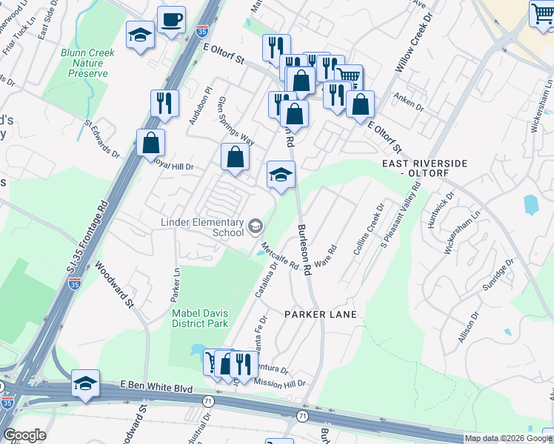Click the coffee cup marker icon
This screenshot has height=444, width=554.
click(172, 20)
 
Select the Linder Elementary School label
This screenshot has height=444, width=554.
click(202, 227)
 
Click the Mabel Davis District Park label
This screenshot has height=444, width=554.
click(200, 317)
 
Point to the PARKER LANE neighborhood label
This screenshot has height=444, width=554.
click(321, 314)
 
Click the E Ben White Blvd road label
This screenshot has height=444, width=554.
click(156, 387)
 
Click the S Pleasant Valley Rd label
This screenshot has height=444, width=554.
click(400, 215)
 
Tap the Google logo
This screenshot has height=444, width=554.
click(24, 435)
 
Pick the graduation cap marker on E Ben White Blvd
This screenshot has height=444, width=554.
click(85, 383)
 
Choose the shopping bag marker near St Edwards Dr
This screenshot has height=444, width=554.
click(150, 142)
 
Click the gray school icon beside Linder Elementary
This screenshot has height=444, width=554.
click(255, 225)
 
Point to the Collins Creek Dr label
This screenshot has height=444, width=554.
click(369, 230)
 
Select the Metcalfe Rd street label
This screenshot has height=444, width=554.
click(279, 256)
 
